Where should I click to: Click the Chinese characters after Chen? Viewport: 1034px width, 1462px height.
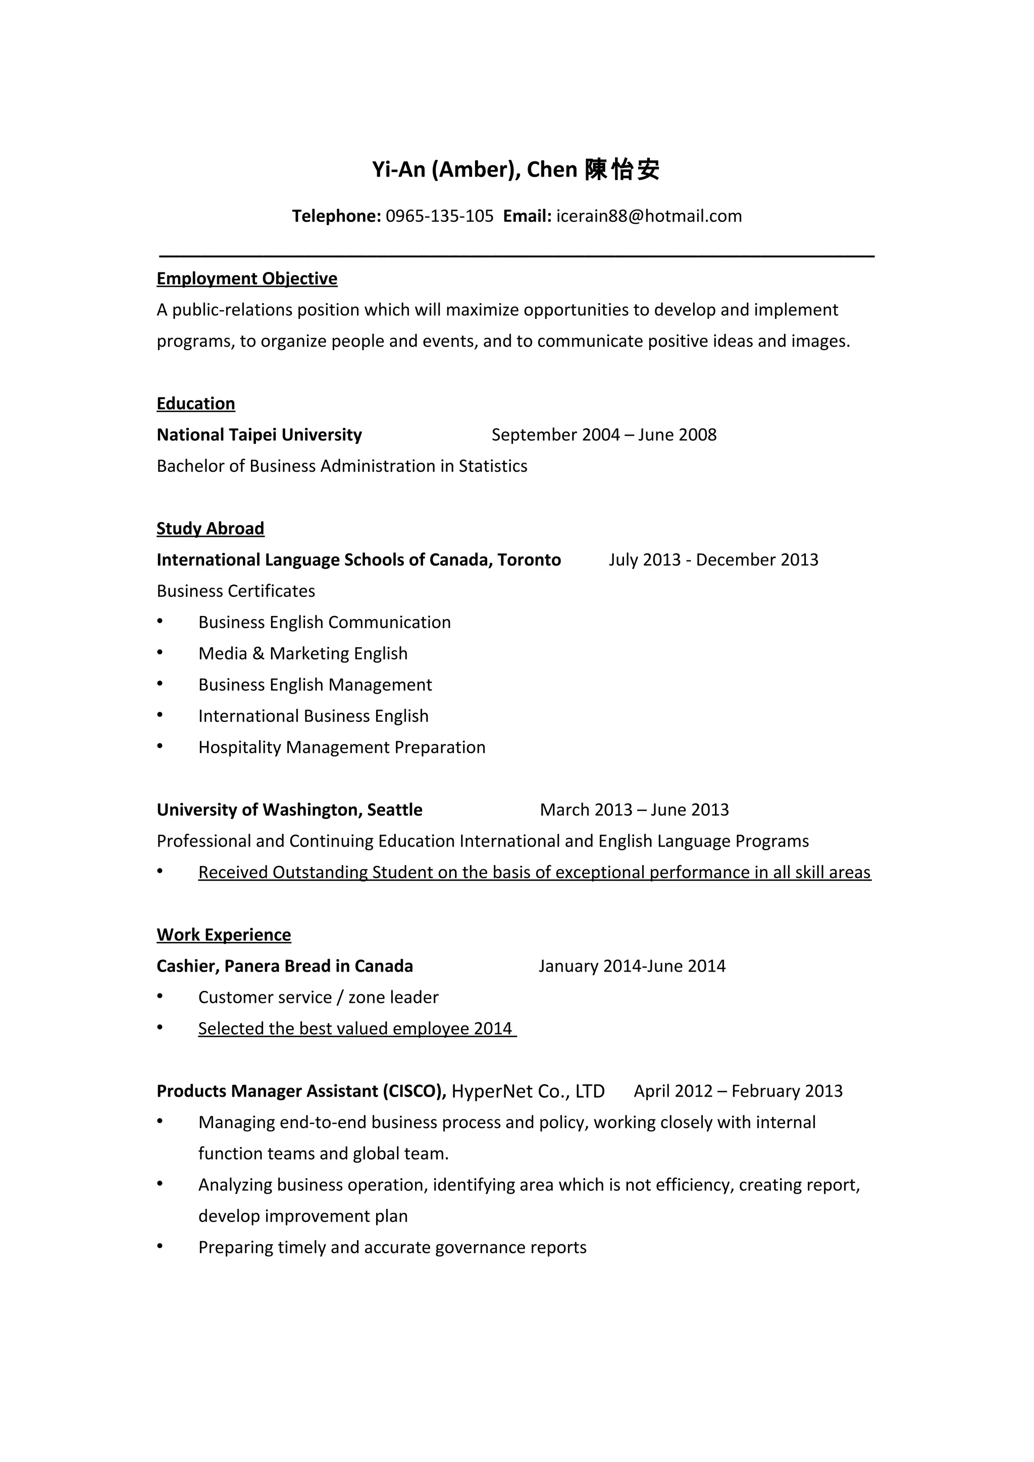click(622, 170)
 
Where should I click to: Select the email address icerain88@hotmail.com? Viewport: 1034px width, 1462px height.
click(649, 216)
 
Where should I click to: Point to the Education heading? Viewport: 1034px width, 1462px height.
click(195, 404)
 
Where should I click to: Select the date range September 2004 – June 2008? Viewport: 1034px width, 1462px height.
click(603, 435)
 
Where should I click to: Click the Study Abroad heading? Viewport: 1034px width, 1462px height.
click(210, 529)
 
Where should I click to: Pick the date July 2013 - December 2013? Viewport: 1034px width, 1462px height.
click(713, 559)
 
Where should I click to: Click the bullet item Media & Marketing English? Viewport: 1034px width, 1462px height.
click(302, 653)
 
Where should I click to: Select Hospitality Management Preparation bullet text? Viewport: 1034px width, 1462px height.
click(341, 747)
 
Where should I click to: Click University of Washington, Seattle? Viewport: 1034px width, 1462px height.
click(289, 810)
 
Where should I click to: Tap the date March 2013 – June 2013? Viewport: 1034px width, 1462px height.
click(634, 810)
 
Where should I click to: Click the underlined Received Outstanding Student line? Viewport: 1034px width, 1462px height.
click(534, 872)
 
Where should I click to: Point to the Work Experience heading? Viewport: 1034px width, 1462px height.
click(224, 935)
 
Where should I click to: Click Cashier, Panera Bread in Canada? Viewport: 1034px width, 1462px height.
click(284, 966)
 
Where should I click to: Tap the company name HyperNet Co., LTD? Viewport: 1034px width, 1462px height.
click(528, 1091)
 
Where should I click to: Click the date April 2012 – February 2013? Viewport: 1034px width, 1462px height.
click(738, 1091)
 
